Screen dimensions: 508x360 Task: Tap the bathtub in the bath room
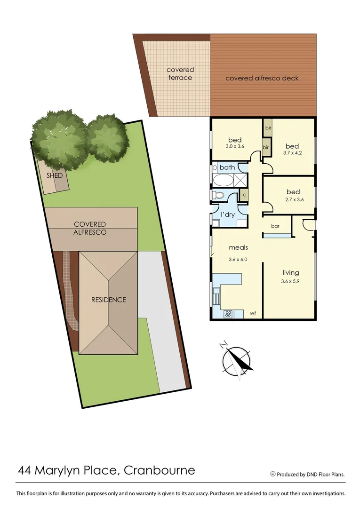tap(224, 181)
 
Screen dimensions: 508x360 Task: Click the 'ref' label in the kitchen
tap(253, 314)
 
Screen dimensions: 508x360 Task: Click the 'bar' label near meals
tap(275, 226)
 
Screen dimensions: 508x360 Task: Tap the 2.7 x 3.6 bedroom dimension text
tap(293, 199)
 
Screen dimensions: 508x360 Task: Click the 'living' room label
tap(291, 273)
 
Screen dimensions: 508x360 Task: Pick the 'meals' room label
tap(238, 247)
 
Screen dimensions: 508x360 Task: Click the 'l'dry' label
tap(228, 214)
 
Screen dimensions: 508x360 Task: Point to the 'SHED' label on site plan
tap(55, 175)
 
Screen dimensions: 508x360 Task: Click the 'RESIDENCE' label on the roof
tap(109, 300)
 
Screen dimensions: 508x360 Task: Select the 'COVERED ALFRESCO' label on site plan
tap(90, 228)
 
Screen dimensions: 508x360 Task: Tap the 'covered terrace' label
tap(180, 74)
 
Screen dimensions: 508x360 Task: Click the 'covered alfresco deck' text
tap(262, 78)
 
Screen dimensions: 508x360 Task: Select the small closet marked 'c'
tap(244, 194)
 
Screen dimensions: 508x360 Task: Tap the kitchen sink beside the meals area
tap(216, 296)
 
